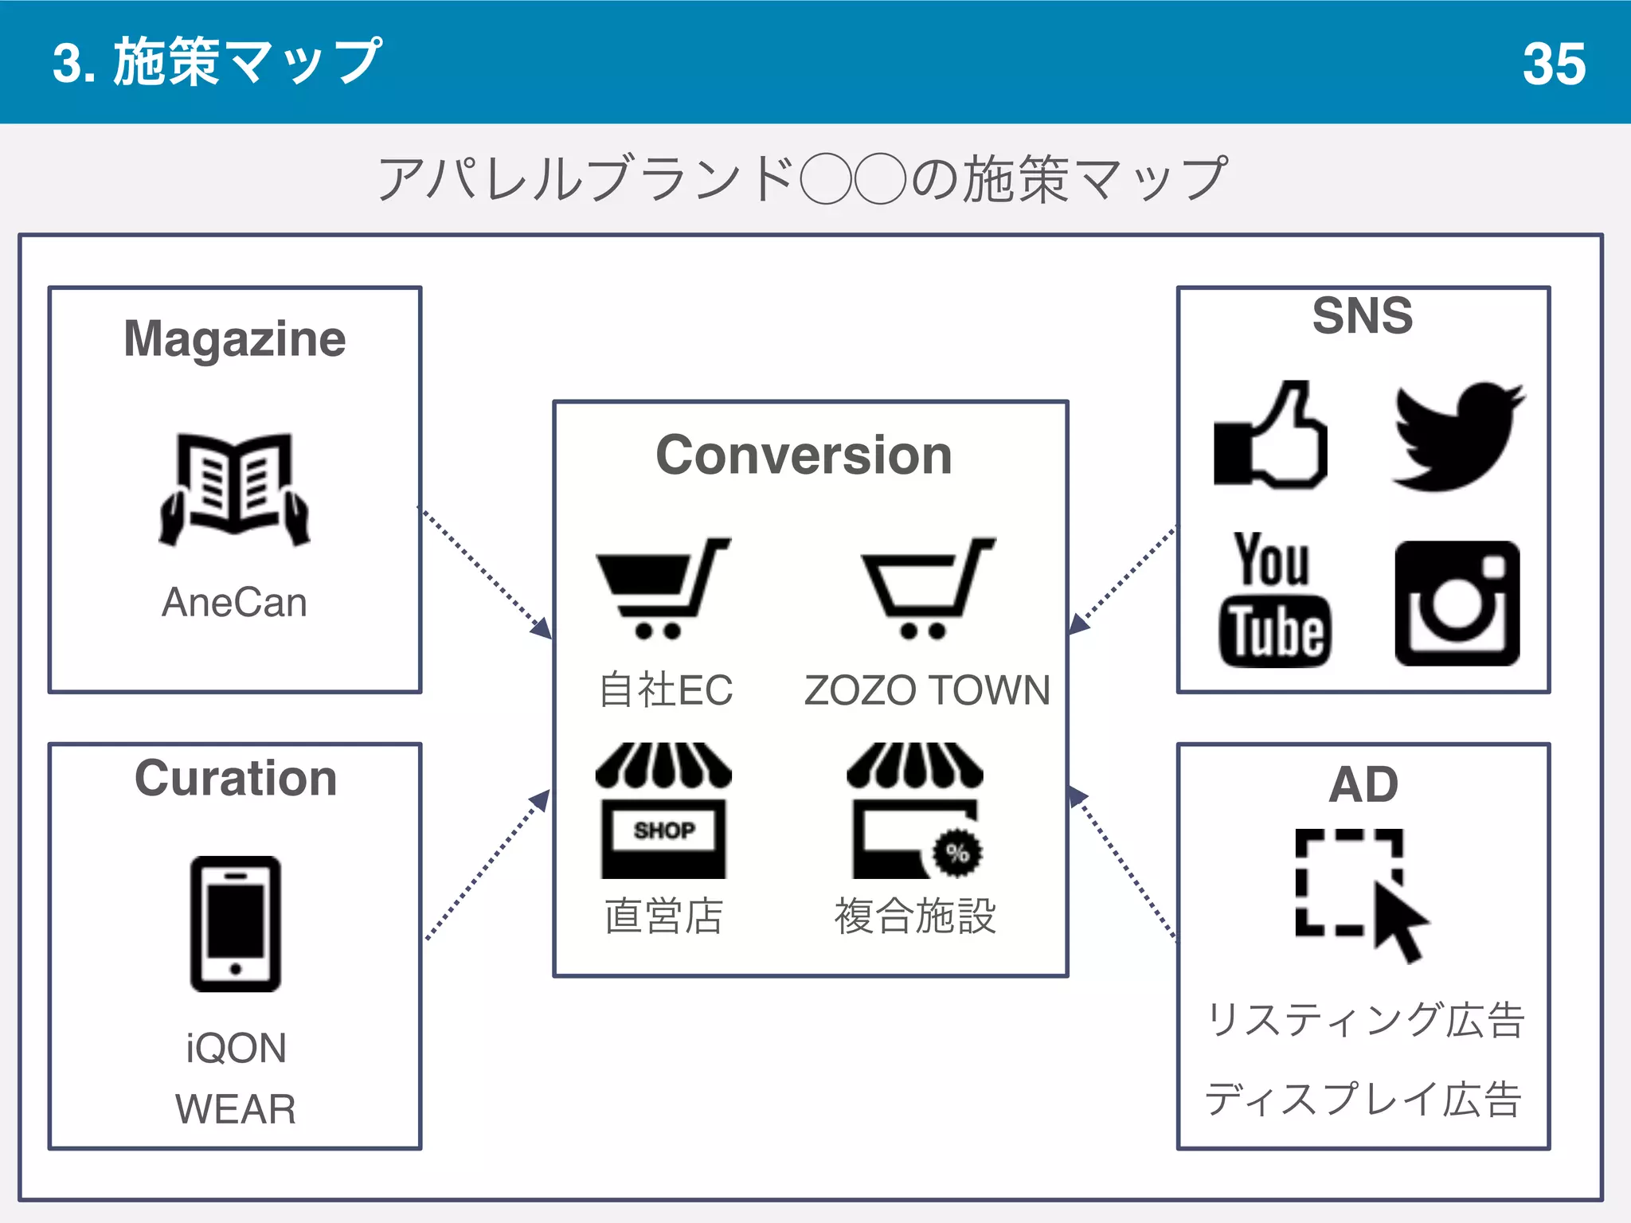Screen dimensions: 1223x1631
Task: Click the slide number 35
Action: (1554, 64)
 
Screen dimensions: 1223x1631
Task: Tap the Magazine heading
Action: (235, 340)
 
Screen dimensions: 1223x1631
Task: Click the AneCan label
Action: (235, 602)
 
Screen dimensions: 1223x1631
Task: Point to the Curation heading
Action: (236, 778)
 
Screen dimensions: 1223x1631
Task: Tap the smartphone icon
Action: (236, 924)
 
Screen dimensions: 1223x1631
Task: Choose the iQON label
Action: (236, 1048)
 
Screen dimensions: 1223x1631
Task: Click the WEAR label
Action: (236, 1109)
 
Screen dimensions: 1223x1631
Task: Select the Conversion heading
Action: (804, 455)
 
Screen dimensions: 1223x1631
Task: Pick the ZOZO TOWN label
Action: (927, 690)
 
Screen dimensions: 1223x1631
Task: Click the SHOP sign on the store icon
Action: (664, 830)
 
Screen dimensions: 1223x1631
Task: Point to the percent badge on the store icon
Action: (957, 853)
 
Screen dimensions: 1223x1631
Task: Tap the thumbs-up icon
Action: (1271, 436)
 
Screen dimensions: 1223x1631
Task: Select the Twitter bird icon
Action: (1457, 436)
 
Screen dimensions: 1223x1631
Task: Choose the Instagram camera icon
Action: (1457, 604)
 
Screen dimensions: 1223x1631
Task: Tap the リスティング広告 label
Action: (1365, 1020)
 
